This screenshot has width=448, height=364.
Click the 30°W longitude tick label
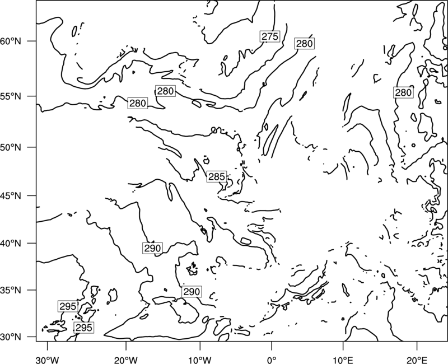click(48, 360)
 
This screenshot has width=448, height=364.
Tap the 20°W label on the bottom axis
click(126, 360)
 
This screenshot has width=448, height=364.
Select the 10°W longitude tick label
click(200, 360)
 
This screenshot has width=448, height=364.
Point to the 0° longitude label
click(272, 360)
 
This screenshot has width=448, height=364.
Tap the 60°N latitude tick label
click(11, 41)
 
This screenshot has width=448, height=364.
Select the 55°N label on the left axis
click(11, 96)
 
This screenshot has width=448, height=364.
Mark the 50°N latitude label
click(11, 147)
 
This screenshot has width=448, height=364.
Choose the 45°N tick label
click(11, 195)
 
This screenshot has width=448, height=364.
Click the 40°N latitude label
click(11, 244)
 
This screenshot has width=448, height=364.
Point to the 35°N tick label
click(11, 290)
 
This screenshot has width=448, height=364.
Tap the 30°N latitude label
click(11, 337)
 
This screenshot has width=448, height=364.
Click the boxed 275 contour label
click(270, 36)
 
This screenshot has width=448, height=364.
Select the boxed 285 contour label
click(217, 177)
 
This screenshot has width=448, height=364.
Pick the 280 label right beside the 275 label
click(304, 44)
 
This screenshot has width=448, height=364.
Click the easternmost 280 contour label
click(403, 92)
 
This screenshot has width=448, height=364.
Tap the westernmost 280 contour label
click(138, 103)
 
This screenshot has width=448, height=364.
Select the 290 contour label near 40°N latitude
click(152, 248)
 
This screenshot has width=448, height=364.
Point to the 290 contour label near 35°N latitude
click(192, 292)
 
